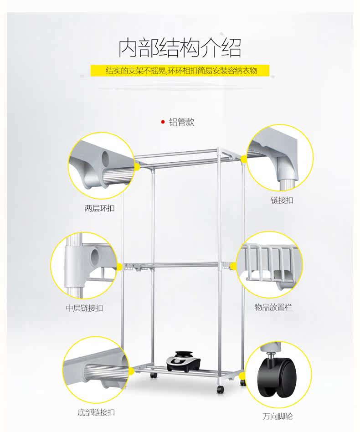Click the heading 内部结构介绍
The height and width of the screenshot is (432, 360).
click(x=180, y=48)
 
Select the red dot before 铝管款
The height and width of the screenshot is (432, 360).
click(x=163, y=122)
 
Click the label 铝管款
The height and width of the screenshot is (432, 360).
click(x=182, y=122)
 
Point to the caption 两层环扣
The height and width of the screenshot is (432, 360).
click(x=100, y=209)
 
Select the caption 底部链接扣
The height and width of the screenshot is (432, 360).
click(x=96, y=412)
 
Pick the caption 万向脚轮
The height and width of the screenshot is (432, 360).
click(x=277, y=417)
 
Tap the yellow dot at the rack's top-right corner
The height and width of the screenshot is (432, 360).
click(x=244, y=158)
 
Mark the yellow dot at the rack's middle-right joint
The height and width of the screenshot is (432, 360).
click(x=233, y=266)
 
